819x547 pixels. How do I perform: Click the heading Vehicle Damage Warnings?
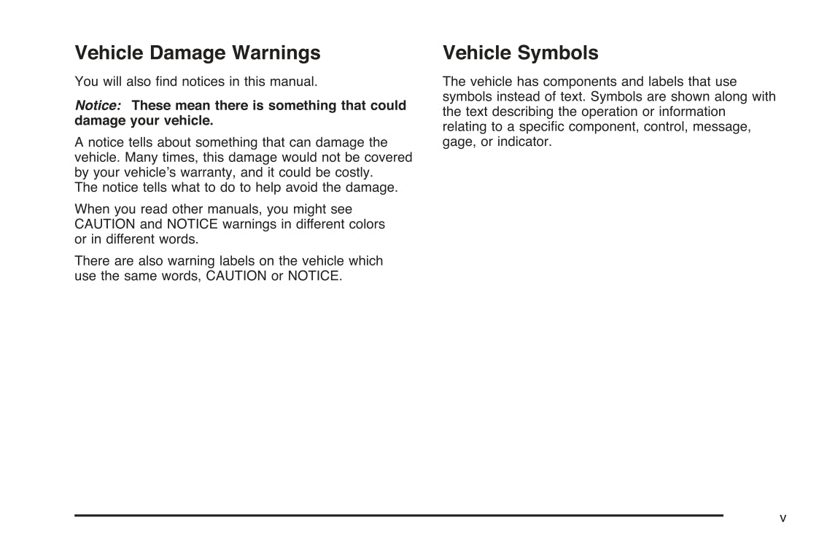[197, 53]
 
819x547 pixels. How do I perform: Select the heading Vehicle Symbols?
[520, 53]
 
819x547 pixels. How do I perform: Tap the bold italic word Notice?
[98, 105]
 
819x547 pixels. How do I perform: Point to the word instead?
[510, 97]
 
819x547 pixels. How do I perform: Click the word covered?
[389, 158]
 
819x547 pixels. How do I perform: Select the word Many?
[143, 158]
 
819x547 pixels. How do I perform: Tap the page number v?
[783, 518]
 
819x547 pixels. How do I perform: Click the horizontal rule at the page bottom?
[398, 515]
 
